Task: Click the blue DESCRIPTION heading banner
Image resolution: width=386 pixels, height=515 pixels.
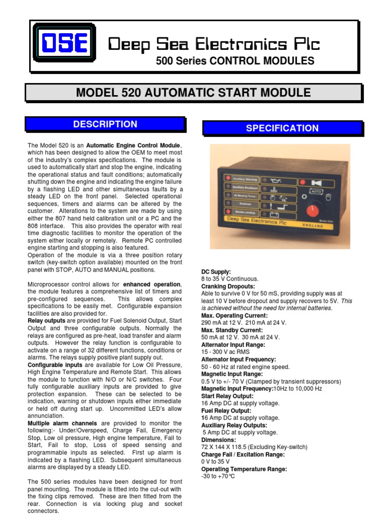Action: click(105, 124)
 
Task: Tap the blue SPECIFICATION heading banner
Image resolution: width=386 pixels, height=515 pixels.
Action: click(282, 128)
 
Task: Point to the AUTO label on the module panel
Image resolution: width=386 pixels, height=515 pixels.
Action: click(316, 192)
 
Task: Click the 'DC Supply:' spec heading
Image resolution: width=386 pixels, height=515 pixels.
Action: click(216, 272)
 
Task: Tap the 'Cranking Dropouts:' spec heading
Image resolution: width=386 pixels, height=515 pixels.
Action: click(228, 286)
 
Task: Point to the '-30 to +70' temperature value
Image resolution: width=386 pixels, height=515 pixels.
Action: click(218, 476)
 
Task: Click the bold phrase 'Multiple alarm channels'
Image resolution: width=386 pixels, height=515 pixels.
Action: click(60, 423)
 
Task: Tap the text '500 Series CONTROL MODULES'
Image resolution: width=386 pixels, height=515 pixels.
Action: click(235, 61)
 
